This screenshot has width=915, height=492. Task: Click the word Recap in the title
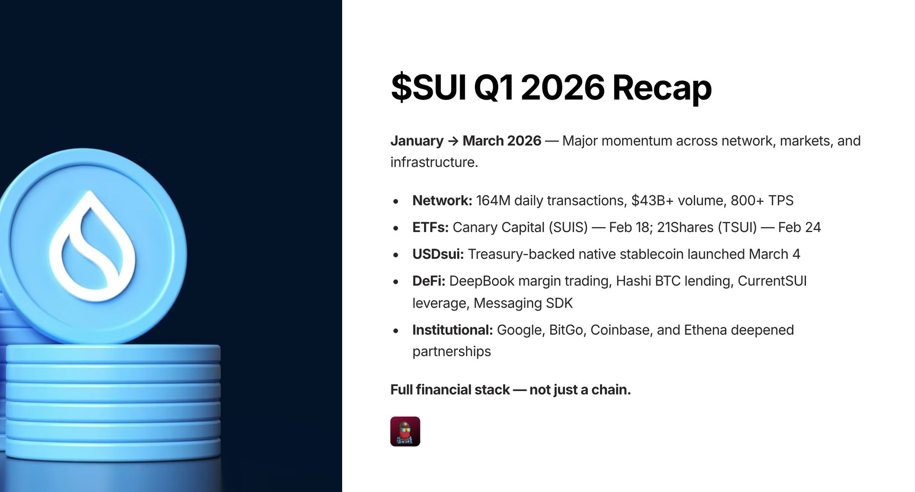(662, 88)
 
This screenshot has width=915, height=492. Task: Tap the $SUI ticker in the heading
(428, 87)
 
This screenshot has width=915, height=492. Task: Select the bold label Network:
(442, 201)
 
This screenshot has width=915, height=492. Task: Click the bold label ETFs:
(430, 227)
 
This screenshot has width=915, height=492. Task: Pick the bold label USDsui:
(438, 254)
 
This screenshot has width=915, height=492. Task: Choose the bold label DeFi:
(428, 281)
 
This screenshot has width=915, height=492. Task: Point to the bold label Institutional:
(452, 330)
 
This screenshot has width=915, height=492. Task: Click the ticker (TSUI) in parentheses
(737, 227)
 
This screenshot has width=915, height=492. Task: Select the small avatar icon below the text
(405, 432)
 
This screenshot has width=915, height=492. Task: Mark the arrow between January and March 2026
(453, 141)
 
